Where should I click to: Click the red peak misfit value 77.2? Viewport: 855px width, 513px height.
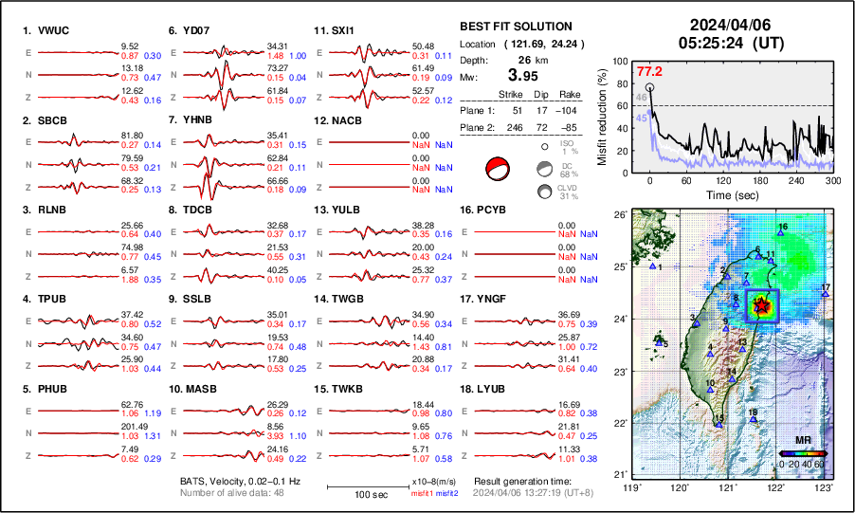point(648,71)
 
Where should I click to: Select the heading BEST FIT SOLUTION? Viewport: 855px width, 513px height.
point(515,27)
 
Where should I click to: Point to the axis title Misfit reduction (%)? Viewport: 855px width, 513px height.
point(603,117)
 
